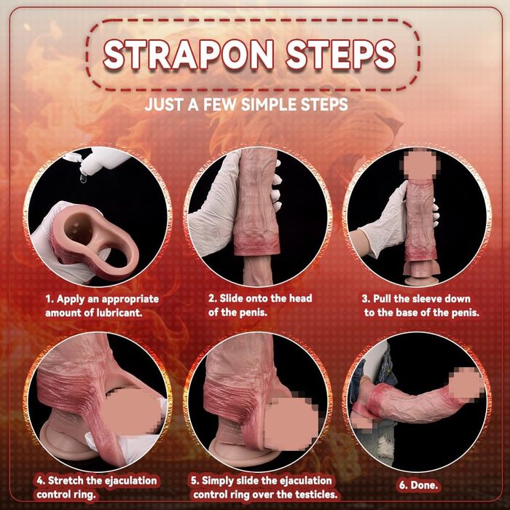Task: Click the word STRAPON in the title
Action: pyautogui.click(x=188, y=55)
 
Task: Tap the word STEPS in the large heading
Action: pyautogui.click(x=341, y=55)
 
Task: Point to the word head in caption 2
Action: pyautogui.click(x=300, y=298)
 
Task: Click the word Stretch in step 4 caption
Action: pyautogui.click(x=66, y=480)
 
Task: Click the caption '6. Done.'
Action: pyautogui.click(x=418, y=485)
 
